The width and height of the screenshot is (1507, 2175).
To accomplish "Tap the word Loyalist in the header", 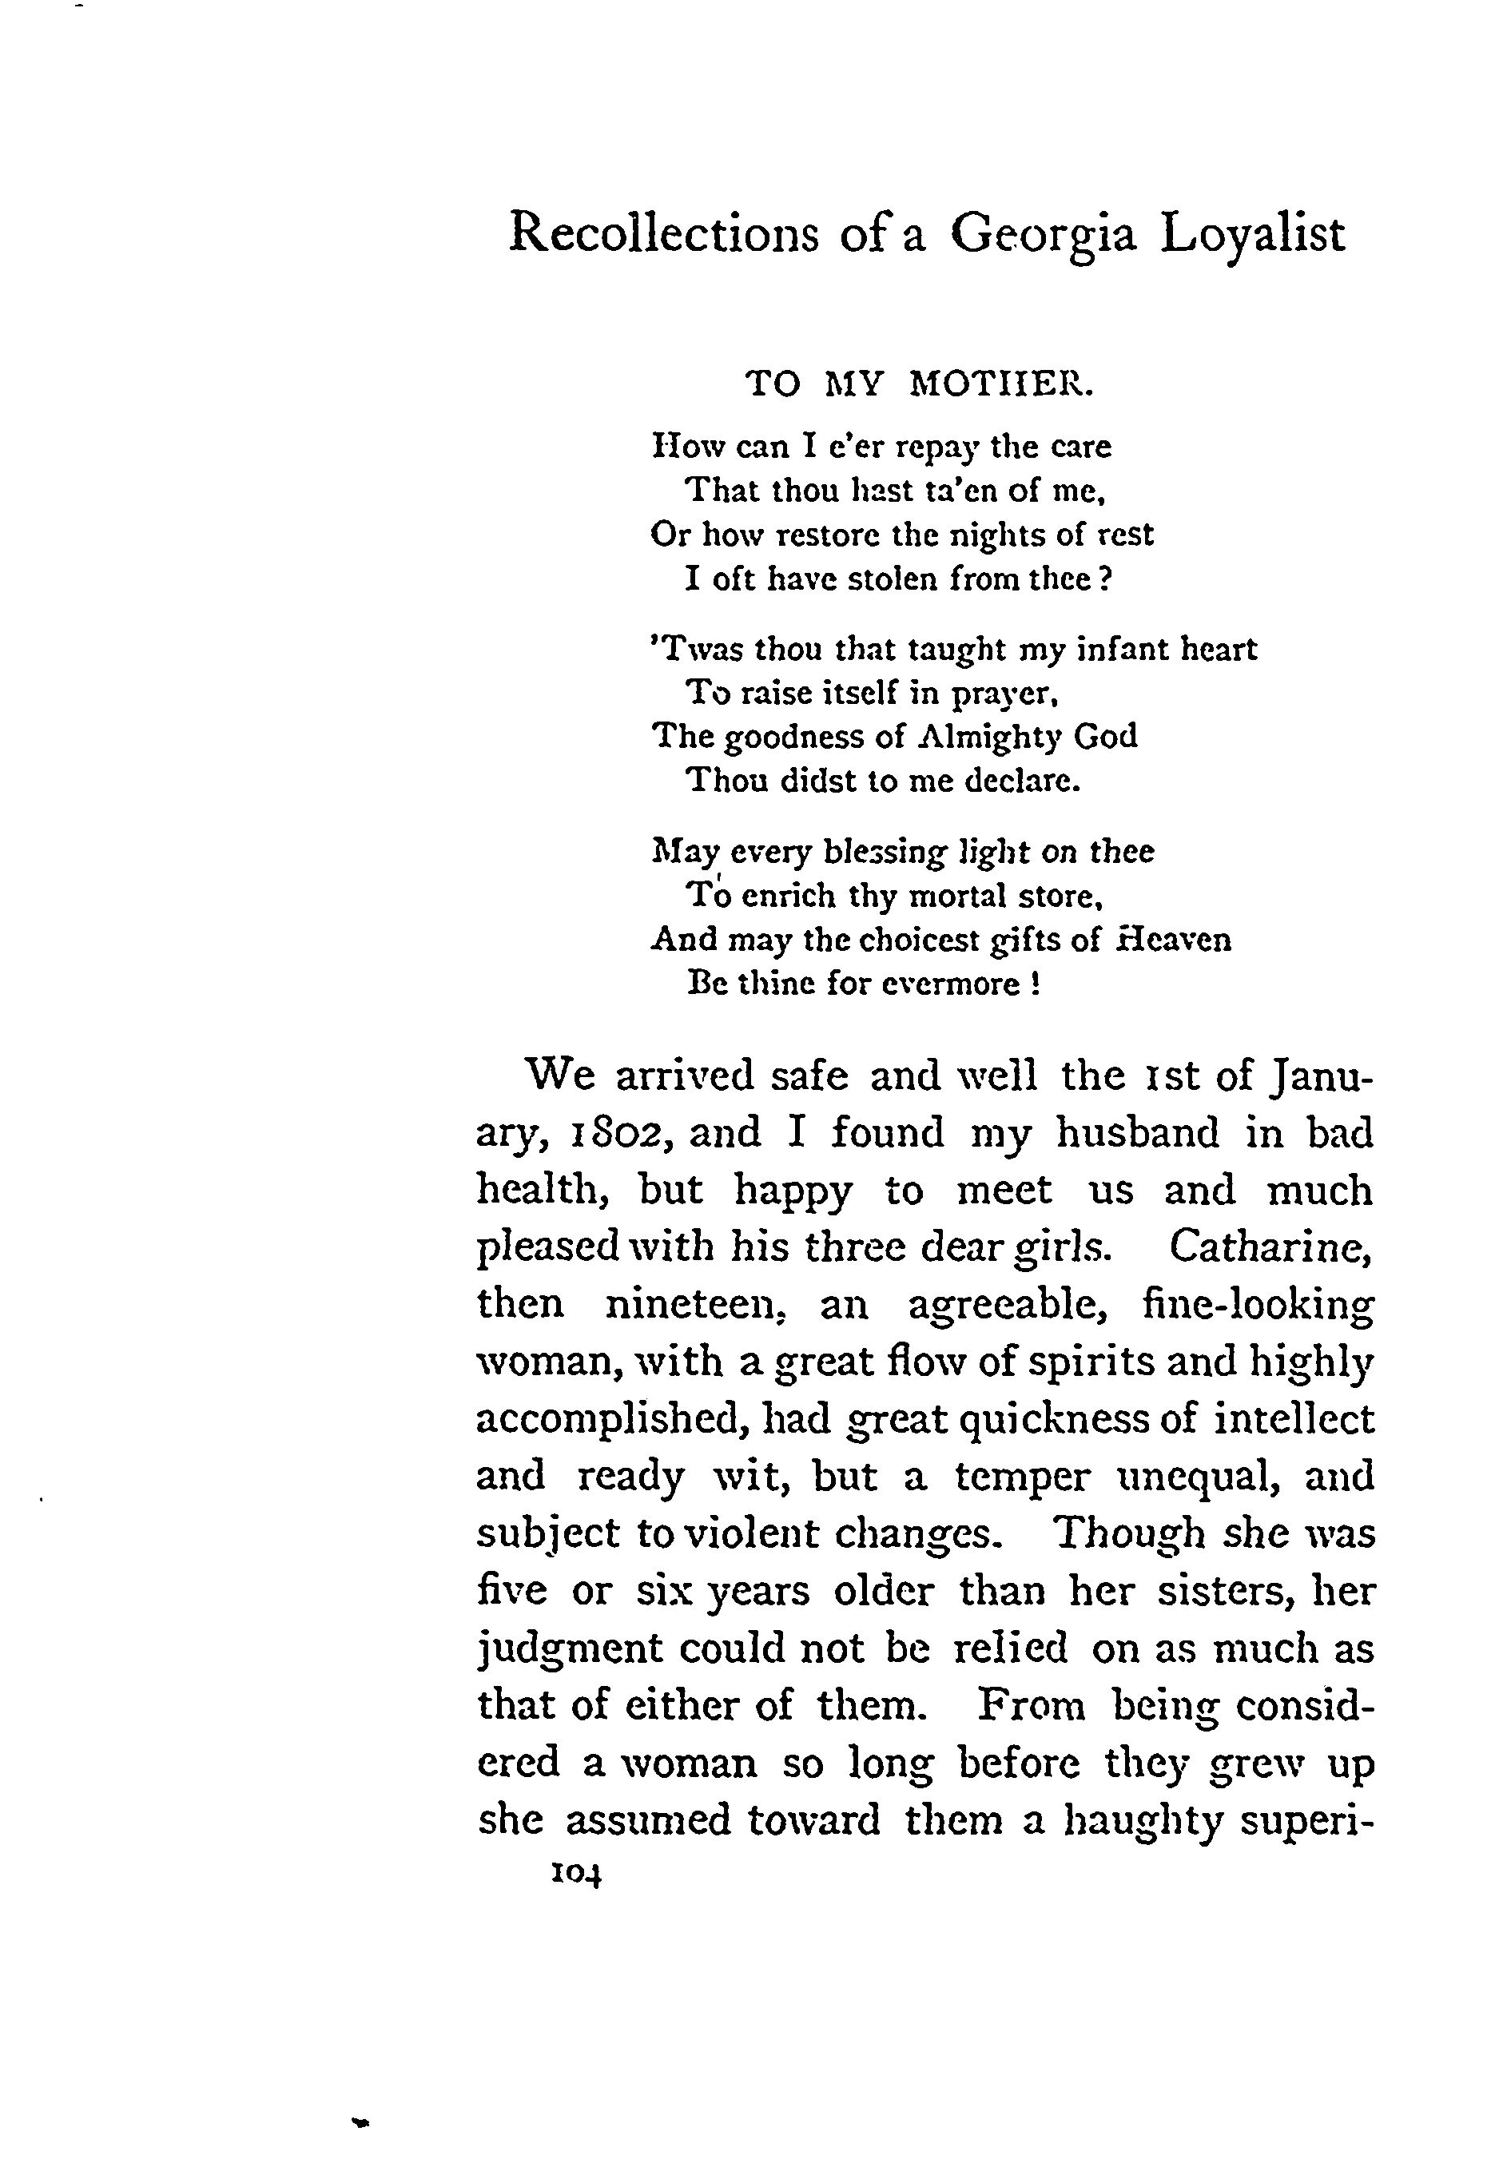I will click(1252, 234).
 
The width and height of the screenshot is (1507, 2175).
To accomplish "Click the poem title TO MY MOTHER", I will click(920, 384).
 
